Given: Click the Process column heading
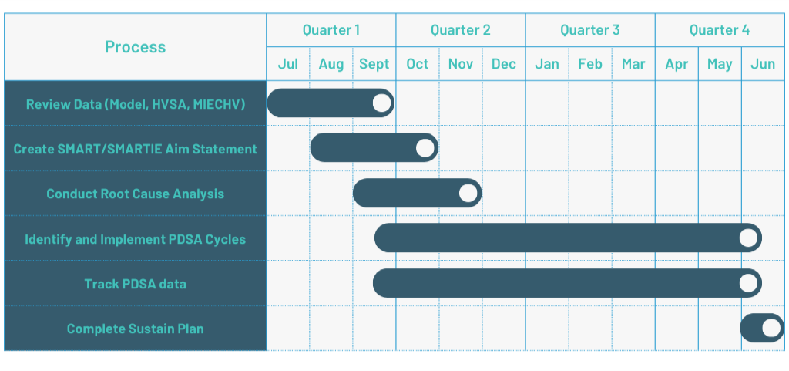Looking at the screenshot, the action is [135, 47].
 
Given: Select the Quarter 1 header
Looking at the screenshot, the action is [331, 30].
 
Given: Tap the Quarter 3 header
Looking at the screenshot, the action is [590, 30].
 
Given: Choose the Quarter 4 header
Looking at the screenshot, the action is [720, 30].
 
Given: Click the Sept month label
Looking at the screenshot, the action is [374, 65].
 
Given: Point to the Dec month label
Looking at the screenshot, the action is [504, 64].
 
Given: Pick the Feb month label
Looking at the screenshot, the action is [590, 64].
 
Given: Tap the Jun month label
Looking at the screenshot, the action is [763, 64].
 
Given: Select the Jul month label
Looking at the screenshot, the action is [288, 64].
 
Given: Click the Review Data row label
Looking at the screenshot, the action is [136, 104].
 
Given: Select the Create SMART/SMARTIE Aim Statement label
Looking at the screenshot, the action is [135, 149].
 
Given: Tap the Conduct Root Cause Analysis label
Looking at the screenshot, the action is [135, 194].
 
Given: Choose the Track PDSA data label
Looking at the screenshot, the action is [135, 284].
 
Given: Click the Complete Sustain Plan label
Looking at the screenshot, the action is [135, 329].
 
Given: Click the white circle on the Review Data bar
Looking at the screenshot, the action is [382, 103].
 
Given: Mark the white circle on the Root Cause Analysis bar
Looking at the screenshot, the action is [468, 193].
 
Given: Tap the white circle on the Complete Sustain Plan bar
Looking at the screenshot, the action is [771, 329].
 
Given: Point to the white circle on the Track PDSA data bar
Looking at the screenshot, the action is [748, 283].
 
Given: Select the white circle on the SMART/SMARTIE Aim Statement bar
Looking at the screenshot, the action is [425, 148].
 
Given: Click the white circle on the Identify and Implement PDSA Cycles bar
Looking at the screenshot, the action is [748, 238].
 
